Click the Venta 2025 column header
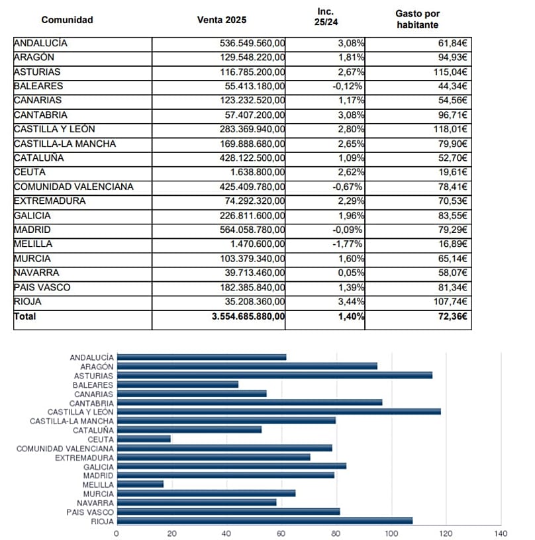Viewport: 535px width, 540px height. [x=222, y=19]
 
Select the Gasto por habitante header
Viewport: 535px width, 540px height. [x=417, y=19]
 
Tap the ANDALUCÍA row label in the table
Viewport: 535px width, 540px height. [x=40, y=43]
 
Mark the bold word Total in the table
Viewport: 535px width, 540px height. [x=25, y=316]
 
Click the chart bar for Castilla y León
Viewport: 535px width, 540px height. [x=278, y=412]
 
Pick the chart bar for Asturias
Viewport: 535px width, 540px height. [x=274, y=375]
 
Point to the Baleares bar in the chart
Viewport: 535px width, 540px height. [x=177, y=384]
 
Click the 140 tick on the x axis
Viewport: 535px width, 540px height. [x=501, y=533]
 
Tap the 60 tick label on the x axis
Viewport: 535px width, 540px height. [x=281, y=533]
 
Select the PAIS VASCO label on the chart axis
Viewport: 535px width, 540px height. [x=90, y=512]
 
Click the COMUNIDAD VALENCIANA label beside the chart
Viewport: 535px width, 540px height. [x=65, y=448]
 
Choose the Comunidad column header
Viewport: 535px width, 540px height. [x=67, y=19]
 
